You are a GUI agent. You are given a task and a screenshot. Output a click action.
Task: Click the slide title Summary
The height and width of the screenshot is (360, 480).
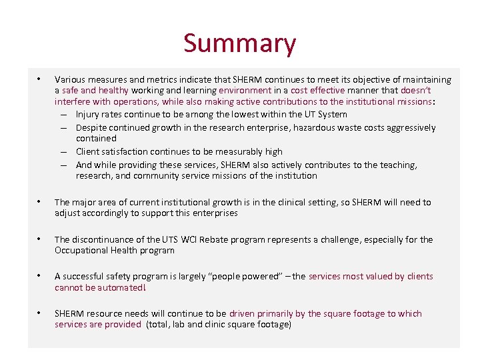pos(239,44)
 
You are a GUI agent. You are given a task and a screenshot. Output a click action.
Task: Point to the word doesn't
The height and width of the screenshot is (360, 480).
pos(416,91)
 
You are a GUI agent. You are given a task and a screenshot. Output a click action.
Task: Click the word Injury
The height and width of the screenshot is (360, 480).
pos(88,115)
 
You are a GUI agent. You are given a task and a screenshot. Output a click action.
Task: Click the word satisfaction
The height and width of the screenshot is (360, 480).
pos(127,152)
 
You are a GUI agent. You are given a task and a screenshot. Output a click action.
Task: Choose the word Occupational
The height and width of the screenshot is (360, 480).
pos(81,251)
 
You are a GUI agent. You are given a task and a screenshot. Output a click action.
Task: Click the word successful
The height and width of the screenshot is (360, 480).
pos(87,277)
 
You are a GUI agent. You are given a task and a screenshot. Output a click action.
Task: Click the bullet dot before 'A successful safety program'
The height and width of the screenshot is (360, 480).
pos(40,275)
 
